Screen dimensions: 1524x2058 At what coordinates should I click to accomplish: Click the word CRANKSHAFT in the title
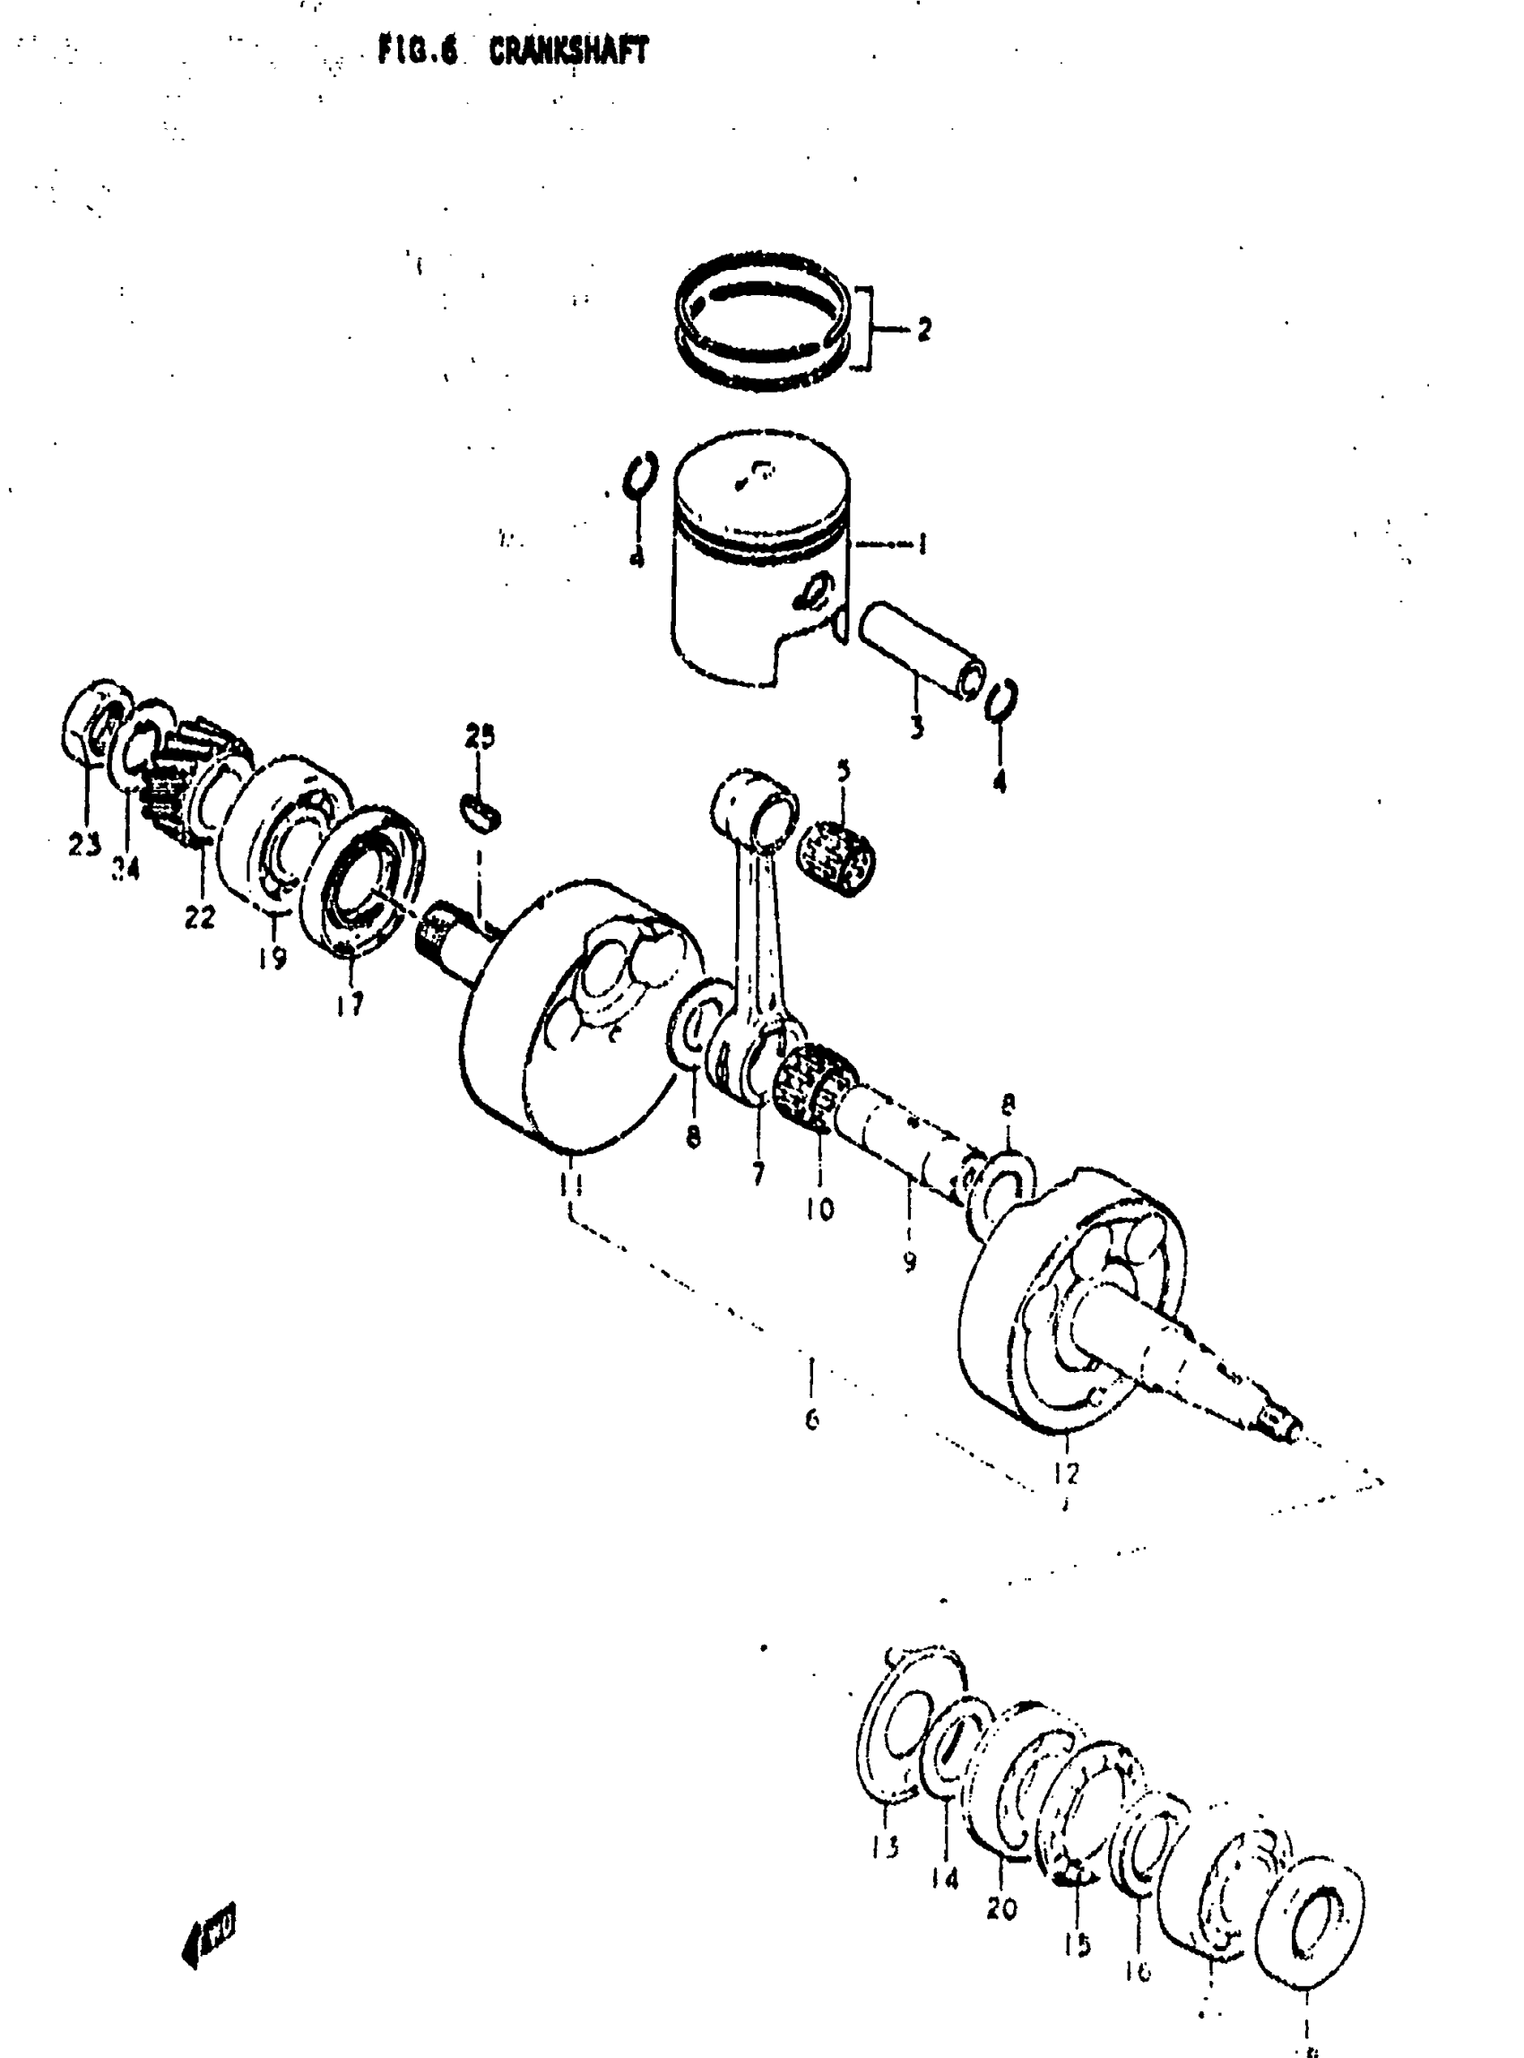[568, 52]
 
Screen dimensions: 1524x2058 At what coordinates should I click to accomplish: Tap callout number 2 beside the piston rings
[923, 328]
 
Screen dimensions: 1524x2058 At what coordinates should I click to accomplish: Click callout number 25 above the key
[480, 735]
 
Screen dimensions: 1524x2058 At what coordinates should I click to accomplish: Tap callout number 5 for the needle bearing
[844, 769]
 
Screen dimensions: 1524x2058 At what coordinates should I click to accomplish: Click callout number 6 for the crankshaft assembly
[812, 1419]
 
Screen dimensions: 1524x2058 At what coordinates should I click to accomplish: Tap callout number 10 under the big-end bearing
[819, 1208]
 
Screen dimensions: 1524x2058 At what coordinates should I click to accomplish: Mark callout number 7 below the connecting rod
[758, 1174]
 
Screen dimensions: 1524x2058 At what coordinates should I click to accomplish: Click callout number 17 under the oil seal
[350, 1003]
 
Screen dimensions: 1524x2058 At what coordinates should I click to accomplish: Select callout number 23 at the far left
[84, 844]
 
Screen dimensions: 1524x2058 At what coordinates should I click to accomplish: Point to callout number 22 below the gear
[199, 916]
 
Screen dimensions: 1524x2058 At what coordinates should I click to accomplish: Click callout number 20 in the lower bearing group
[1002, 1908]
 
